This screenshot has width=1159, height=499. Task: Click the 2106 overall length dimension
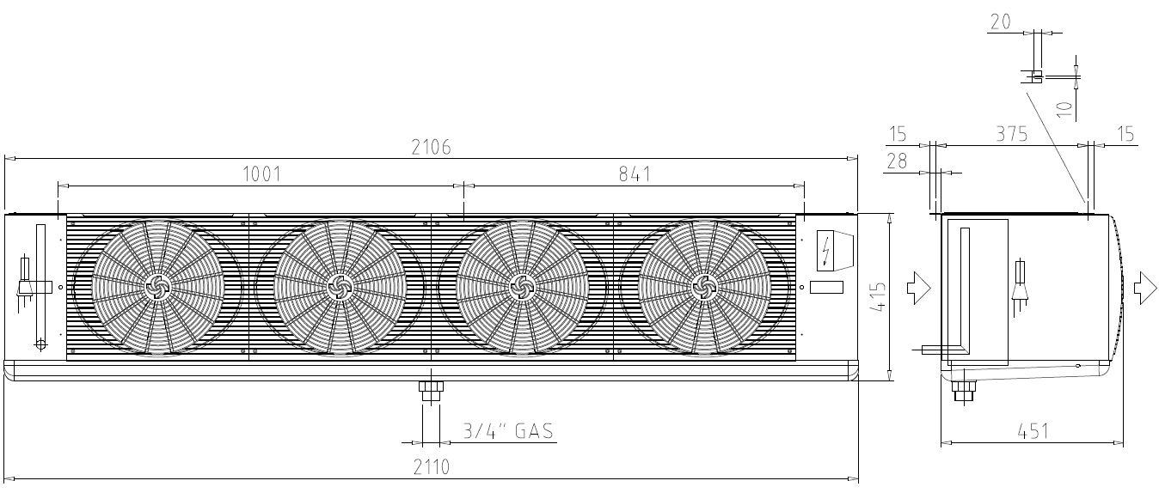[431, 148]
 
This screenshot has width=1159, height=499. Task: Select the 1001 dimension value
[262, 173]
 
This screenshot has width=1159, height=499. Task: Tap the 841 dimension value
[635, 173]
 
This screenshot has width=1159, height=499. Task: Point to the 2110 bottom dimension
[432, 467]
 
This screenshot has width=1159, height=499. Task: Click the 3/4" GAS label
[508, 431]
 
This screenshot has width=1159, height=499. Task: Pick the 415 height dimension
[878, 296]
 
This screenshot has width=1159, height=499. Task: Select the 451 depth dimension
[1033, 431]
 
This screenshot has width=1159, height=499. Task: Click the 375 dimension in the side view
[1011, 134]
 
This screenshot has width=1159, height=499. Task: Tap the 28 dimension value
[897, 161]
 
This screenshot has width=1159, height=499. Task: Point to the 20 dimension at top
[1000, 21]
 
